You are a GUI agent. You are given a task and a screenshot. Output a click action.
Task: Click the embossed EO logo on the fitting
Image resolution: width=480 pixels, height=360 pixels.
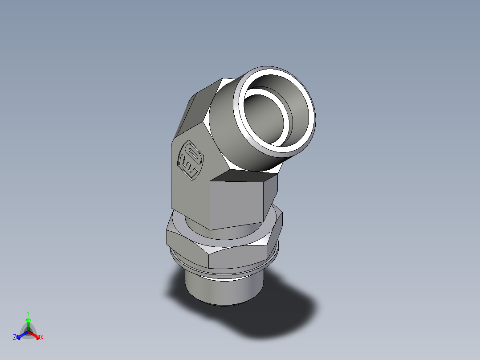click(x=191, y=161)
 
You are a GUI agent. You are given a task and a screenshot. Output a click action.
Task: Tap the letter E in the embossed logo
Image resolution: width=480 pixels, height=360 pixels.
click(x=189, y=168)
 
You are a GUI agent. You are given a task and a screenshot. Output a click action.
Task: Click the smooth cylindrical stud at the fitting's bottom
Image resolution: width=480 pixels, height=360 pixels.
click(x=223, y=290)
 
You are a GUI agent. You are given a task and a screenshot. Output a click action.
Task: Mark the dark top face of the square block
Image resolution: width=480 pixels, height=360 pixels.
click(x=243, y=176)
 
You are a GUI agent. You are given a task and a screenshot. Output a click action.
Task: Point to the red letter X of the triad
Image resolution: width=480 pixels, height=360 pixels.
click(x=42, y=338)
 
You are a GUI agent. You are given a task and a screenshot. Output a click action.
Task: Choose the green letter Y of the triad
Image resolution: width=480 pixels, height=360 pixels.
click(x=28, y=313)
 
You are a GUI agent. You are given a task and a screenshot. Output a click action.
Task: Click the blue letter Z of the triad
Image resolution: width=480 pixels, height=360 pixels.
click(x=15, y=338)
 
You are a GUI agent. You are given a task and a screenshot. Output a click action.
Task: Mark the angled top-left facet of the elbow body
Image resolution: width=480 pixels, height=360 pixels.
click(x=200, y=107)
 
